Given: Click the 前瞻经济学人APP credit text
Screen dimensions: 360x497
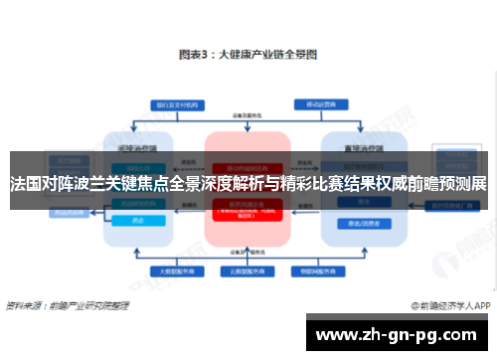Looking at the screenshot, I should click(x=451, y=306).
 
